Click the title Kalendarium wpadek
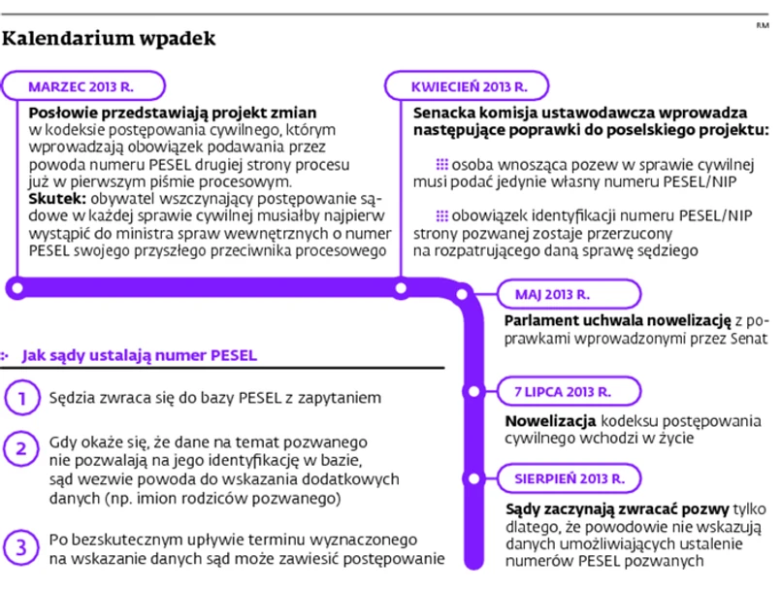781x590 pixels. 109,39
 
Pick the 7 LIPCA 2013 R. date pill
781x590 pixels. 563,392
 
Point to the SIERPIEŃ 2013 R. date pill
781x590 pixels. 569,478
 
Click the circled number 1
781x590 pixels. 19,397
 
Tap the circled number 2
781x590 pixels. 19,448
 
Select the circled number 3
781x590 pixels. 19,546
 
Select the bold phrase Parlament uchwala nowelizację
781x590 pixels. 617,321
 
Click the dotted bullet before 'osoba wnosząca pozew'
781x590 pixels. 441,164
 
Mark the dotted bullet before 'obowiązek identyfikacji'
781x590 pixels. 441,215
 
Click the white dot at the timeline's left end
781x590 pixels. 16,287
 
